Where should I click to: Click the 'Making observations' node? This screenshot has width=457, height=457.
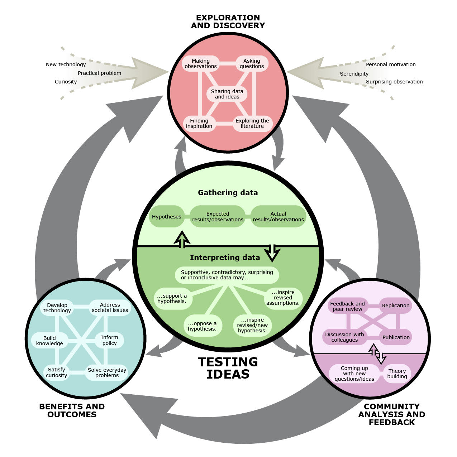[201, 63]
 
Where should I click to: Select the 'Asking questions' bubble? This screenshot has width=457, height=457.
[252, 63]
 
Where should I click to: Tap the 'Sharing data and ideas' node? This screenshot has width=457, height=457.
[227, 94]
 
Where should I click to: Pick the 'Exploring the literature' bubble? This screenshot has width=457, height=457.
[252, 123]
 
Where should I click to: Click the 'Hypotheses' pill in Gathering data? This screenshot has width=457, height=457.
[166, 217]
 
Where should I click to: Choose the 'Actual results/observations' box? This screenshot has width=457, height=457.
[278, 217]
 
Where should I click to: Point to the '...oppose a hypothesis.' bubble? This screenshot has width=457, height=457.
[202, 326]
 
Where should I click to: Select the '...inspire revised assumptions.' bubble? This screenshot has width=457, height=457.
[283, 298]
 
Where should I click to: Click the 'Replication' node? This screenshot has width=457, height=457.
[395, 306]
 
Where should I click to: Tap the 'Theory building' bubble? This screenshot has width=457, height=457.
[397, 374]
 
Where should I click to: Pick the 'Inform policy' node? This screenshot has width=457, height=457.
[109, 340]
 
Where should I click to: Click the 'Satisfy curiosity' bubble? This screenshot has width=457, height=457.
[57, 372]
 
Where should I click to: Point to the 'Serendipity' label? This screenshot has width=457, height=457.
[354, 74]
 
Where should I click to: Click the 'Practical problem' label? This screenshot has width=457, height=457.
[100, 73]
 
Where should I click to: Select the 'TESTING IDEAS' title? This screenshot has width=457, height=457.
[228, 368]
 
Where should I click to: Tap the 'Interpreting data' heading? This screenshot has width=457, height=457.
[225, 257]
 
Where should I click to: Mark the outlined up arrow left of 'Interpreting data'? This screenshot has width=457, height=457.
[182, 240]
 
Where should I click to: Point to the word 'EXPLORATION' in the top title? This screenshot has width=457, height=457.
[228, 18]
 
